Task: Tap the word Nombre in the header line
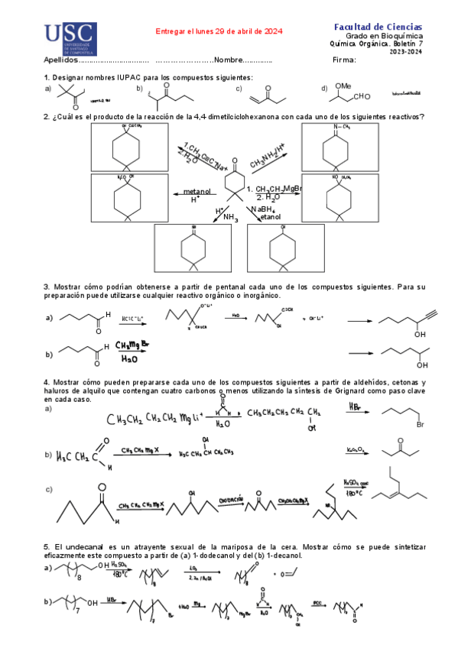pyautogui.click(x=229, y=60)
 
